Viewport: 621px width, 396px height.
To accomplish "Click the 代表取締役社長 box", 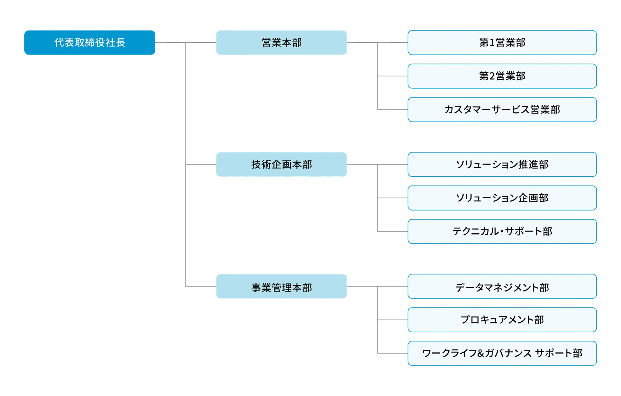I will click(x=90, y=43).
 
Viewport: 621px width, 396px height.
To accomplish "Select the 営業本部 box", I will click(x=282, y=43).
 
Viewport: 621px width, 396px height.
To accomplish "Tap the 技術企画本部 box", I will click(x=282, y=164).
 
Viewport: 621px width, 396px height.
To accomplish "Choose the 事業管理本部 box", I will click(x=282, y=287).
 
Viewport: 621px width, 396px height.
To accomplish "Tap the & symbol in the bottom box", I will click(x=481, y=353).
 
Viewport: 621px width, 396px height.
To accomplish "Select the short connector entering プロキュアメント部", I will click(x=393, y=320).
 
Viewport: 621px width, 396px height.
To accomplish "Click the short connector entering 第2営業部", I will click(x=393, y=77).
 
